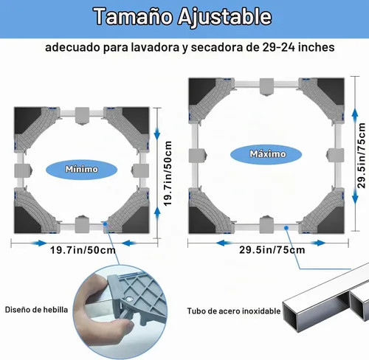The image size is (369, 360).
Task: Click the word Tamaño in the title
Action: (x=133, y=16)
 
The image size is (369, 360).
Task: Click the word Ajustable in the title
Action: (x=224, y=16)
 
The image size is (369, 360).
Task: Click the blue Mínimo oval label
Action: (x=81, y=169)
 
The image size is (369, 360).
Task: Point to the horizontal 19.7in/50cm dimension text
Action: (x=83, y=250)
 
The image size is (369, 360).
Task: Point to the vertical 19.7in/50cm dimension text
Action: (x=168, y=173)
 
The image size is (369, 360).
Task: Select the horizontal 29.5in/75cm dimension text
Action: (x=272, y=250)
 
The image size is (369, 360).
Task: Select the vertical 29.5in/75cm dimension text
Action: (x=361, y=156)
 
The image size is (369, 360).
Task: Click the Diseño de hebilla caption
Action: (x=36, y=310)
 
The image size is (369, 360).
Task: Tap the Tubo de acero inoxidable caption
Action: (x=234, y=311)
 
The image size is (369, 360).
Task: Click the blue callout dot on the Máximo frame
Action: (x=286, y=228)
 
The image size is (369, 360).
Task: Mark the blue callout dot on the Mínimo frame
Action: (x=105, y=224)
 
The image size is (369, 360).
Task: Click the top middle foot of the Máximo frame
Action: (x=266, y=87)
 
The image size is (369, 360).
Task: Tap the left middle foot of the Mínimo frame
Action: (x=23, y=170)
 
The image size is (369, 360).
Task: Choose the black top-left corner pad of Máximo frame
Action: (x=201, y=90)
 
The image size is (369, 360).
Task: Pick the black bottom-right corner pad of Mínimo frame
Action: (x=137, y=220)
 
